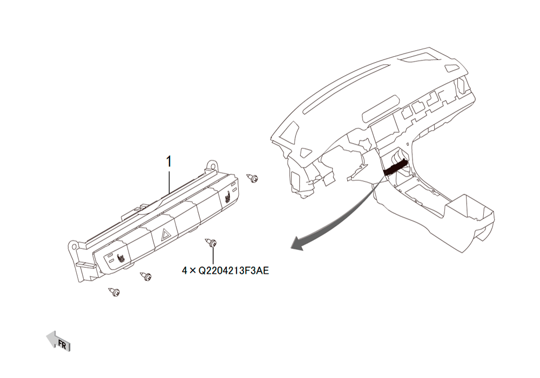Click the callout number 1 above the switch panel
coord(168,161)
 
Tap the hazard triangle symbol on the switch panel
coord(165,235)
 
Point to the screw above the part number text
coord(211,242)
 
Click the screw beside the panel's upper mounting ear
coord(253,178)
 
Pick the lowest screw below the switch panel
coord(114,292)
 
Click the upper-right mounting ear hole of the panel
coord(212,165)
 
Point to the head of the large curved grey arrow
coord(298,244)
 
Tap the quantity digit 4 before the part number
coord(185,271)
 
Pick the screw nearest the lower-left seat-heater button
coord(145,276)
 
